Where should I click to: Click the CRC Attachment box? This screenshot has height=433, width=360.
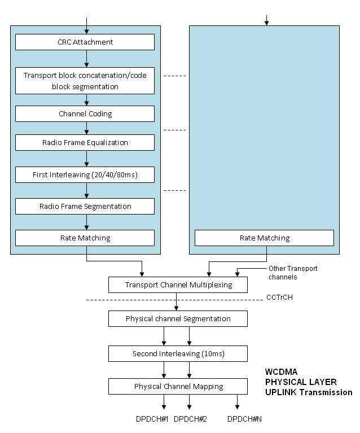85,42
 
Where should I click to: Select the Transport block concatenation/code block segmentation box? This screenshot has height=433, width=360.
85,81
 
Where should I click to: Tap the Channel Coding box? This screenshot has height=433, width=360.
85,113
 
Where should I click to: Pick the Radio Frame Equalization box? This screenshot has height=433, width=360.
85,142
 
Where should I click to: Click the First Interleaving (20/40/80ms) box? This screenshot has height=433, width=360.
85,175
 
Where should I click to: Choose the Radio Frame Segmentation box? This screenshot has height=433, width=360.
85,206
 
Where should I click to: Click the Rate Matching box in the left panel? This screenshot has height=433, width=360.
85,238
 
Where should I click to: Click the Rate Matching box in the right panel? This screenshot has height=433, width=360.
264,238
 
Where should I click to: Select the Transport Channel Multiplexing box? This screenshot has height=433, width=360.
178,285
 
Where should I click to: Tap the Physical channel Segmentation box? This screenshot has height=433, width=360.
178,318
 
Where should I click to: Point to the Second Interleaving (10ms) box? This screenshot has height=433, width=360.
178,353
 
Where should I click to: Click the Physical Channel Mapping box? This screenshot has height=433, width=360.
178,386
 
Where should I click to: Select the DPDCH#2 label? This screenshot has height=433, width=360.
190,419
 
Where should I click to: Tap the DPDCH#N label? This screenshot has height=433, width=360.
244,419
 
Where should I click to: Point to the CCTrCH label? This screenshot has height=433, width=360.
279,298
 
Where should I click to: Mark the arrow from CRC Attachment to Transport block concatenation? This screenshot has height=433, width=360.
86,58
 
